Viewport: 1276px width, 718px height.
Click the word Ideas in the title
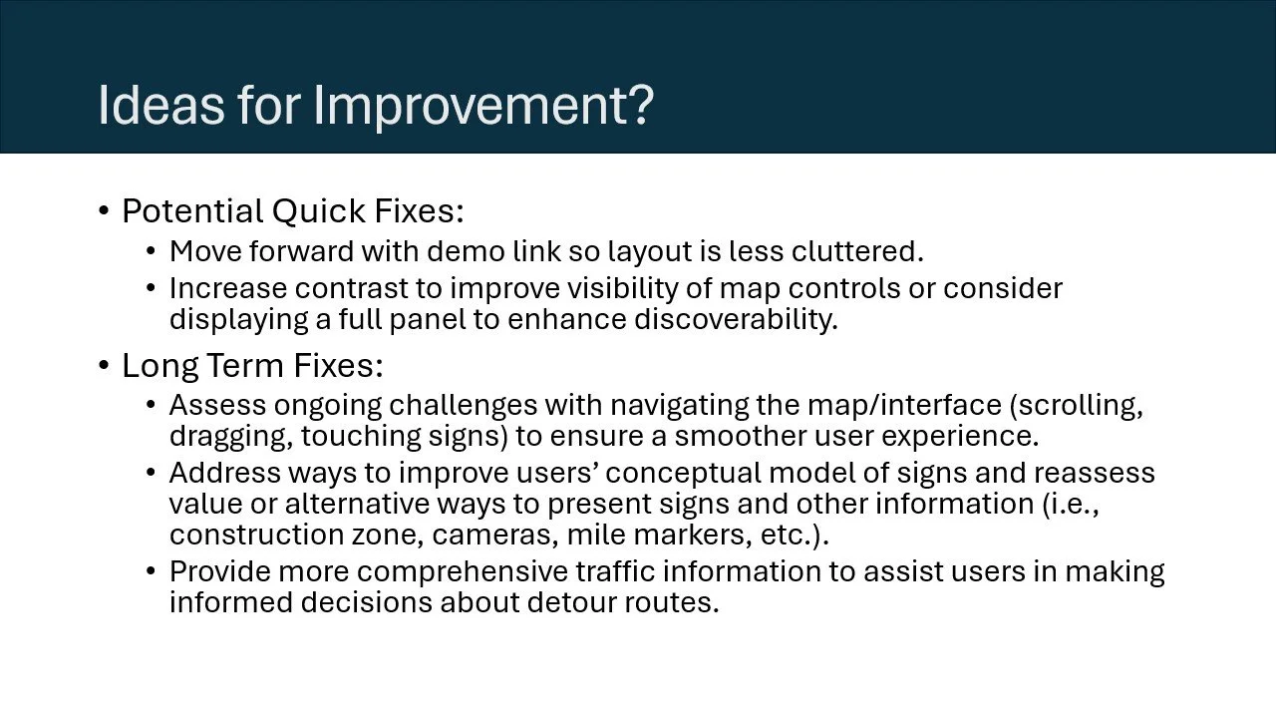(160, 105)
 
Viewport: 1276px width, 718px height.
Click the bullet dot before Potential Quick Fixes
(104, 212)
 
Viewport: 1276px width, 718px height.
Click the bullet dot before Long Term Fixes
(104, 366)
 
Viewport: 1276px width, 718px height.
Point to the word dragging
(230, 436)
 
